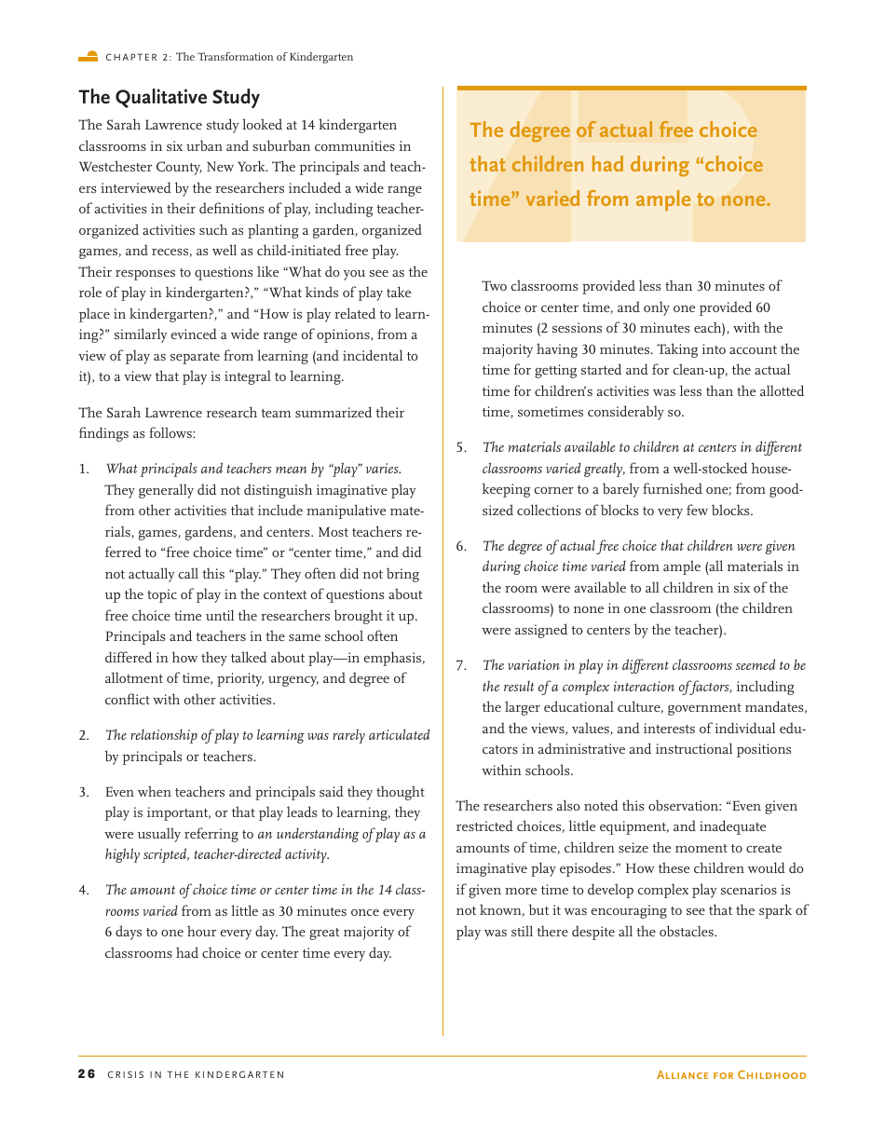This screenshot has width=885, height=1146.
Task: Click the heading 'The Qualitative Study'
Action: pos(169,98)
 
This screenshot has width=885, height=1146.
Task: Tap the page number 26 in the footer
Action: pos(87,1074)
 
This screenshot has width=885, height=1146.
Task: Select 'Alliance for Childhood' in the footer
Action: pos(731,1074)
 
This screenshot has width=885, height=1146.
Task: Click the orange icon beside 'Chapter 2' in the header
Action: pos(88,57)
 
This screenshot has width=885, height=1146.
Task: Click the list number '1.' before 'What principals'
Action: pos(84,470)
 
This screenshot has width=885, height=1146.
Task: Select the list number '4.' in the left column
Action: pos(84,891)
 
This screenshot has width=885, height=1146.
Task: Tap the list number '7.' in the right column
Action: pos(461,665)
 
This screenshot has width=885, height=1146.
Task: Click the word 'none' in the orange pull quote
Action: pos(742,199)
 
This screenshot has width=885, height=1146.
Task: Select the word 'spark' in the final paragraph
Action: pos(766,911)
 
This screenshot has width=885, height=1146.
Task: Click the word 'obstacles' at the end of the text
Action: pos(686,932)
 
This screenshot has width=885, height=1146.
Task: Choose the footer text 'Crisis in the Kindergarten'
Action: pos(196,1074)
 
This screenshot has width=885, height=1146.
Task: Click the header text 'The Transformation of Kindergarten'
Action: pos(265,57)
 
